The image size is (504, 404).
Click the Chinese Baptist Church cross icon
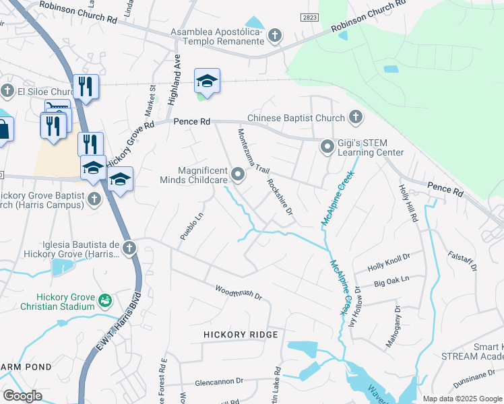pos(355,118)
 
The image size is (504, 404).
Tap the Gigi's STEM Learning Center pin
pos(327,146)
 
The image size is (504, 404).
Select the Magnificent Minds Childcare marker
pos(238,175)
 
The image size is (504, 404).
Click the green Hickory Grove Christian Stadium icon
pos(104,300)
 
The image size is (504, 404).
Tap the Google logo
pos(22,396)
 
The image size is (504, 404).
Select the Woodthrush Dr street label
pos(238,292)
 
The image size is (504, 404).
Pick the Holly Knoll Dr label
pos(389,263)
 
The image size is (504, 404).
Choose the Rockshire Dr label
pos(280,197)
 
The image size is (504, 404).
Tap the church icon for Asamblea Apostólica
pos(274,35)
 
